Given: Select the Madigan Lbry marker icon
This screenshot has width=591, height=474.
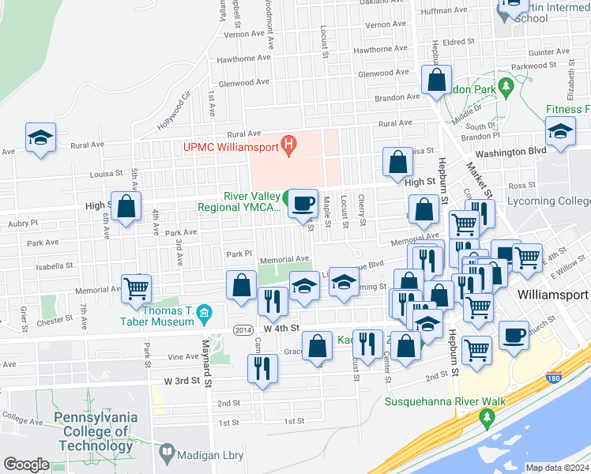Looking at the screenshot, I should (167, 453).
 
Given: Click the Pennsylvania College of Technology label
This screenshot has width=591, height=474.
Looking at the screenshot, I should (95, 431).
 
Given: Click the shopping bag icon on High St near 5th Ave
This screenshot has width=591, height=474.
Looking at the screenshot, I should (126, 206).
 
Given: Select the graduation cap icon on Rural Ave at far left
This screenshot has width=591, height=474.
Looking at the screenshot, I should (40, 137).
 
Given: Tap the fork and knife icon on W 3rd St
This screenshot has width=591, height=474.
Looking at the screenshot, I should (262, 369).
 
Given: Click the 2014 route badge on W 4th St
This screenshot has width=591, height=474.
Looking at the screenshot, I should (243, 329).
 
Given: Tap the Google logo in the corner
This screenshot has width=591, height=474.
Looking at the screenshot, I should (26, 465).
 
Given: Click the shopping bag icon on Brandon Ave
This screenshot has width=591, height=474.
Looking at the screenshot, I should (436, 80).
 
